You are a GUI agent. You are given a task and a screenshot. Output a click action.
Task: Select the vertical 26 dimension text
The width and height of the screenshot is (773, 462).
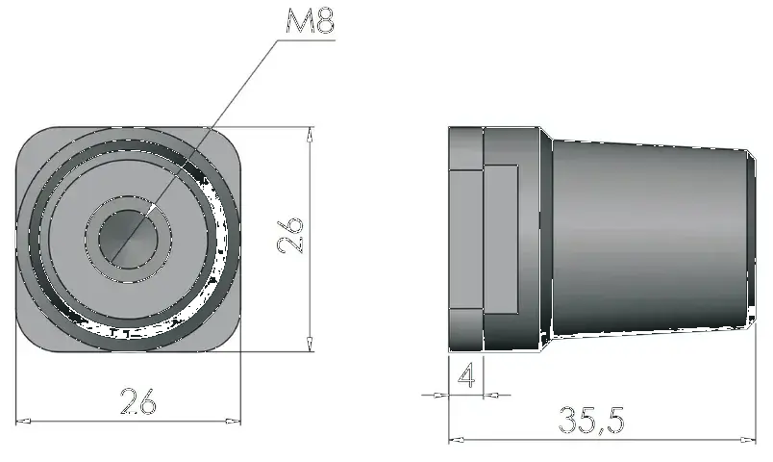tap(290, 235)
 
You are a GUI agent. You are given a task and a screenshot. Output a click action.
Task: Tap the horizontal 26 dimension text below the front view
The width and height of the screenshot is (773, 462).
tap(138, 402)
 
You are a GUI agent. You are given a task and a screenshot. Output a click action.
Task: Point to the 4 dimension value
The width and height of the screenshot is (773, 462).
tap(466, 374)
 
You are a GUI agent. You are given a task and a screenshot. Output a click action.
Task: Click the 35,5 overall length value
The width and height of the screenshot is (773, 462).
tap(591, 421)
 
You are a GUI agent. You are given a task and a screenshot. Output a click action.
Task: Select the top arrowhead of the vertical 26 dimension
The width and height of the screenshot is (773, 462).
tap(310, 135)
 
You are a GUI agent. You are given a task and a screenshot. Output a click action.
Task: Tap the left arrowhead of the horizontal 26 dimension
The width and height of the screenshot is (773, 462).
tap(21, 421)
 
